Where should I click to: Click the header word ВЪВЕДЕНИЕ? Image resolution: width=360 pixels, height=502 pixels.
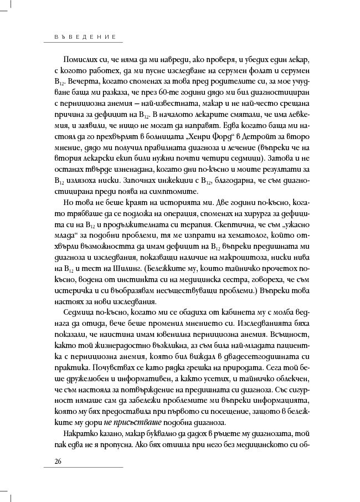point(79,37)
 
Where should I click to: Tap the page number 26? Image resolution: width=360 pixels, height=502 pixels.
point(58,461)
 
